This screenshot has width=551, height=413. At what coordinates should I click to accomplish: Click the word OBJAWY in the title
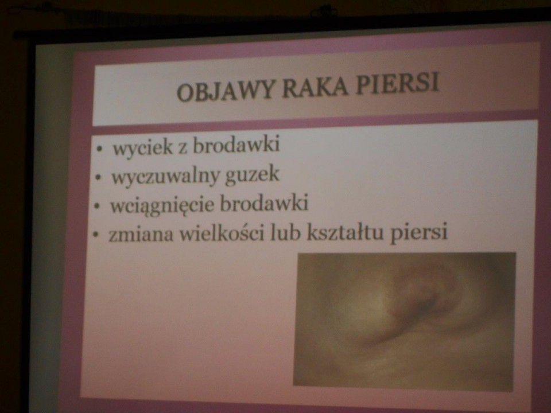click(x=225, y=91)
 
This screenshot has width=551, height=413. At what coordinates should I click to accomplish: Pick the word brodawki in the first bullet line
click(x=237, y=145)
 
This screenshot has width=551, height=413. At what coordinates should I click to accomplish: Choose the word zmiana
click(x=141, y=235)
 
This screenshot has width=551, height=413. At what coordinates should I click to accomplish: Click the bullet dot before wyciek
click(x=100, y=149)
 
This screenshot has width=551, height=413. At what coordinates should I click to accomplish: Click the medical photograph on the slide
click(x=405, y=321)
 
